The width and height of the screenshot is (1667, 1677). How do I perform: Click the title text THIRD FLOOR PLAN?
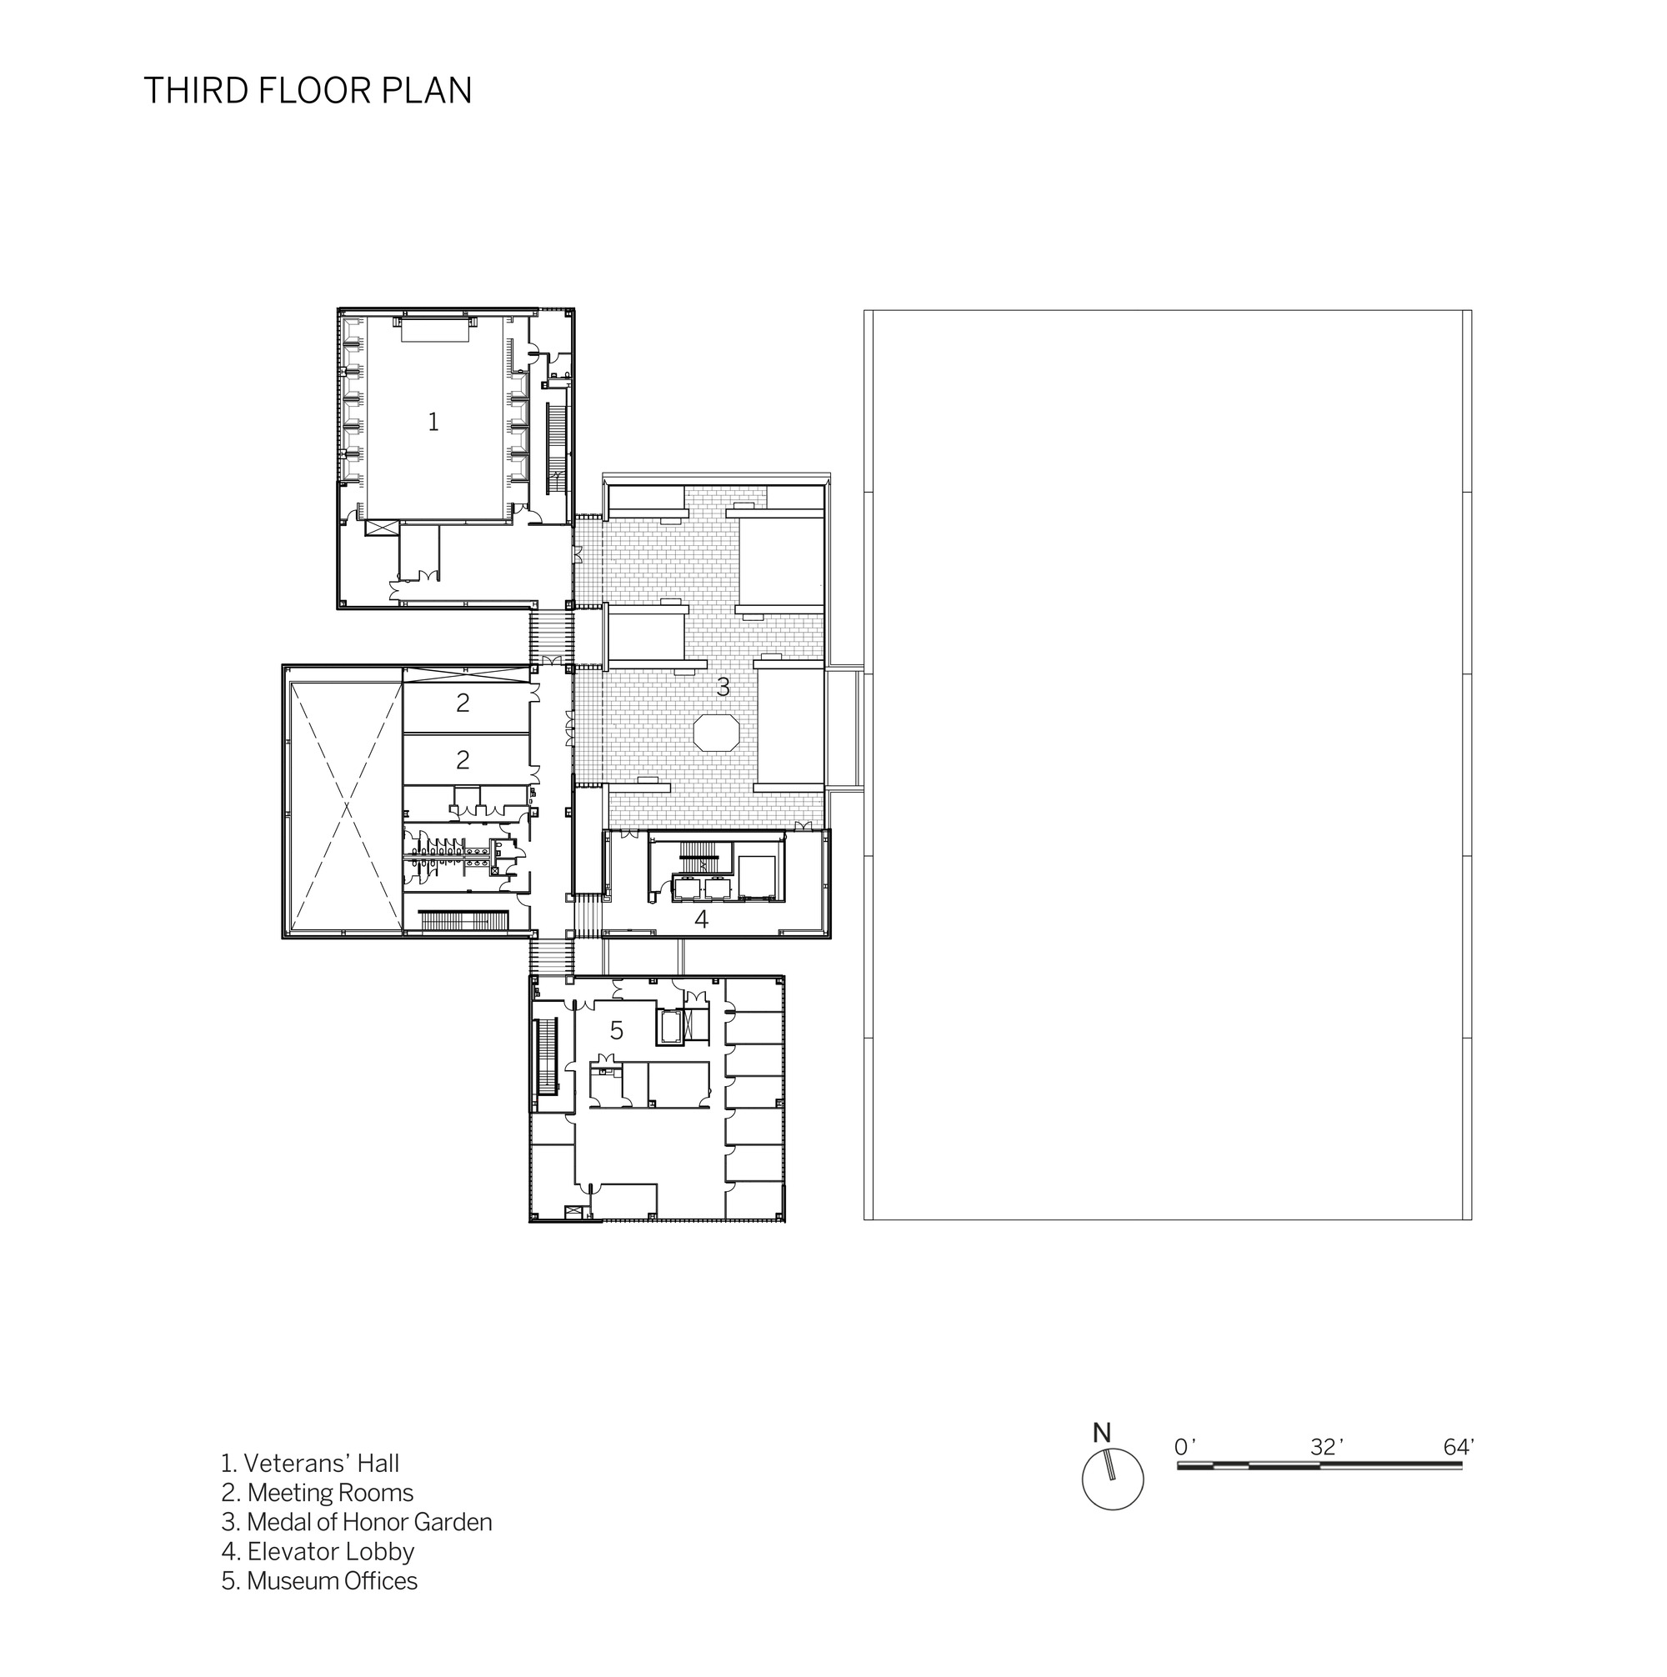click(x=308, y=90)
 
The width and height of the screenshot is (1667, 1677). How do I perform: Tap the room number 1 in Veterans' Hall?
click(x=433, y=422)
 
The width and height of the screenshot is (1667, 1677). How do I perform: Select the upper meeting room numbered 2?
click(x=463, y=702)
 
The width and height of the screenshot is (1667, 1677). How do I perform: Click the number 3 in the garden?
click(x=723, y=688)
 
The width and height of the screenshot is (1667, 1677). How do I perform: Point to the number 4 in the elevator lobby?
click(x=702, y=919)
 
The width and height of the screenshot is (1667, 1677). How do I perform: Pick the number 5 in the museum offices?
click(x=617, y=1030)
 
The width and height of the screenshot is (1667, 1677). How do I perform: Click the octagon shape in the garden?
click(x=716, y=732)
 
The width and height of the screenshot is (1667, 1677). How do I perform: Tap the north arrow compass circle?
click(x=1112, y=1479)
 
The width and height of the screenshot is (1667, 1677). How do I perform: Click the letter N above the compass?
click(x=1102, y=1433)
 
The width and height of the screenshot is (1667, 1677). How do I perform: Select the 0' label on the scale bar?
click(x=1184, y=1447)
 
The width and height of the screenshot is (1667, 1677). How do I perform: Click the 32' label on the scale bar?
click(x=1327, y=1447)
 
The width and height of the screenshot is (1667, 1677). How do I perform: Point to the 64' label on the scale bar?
click(x=1459, y=1447)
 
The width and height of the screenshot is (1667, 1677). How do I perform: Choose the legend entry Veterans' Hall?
click(x=310, y=1464)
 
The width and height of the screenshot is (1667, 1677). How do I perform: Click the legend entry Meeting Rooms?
click(x=317, y=1493)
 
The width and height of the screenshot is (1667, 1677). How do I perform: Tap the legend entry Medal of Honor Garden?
click(x=357, y=1523)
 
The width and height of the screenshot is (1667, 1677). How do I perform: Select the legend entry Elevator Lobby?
click(x=318, y=1552)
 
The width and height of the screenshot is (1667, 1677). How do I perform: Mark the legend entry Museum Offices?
click(x=319, y=1581)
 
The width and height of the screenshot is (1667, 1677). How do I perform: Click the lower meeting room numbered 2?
click(x=463, y=760)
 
